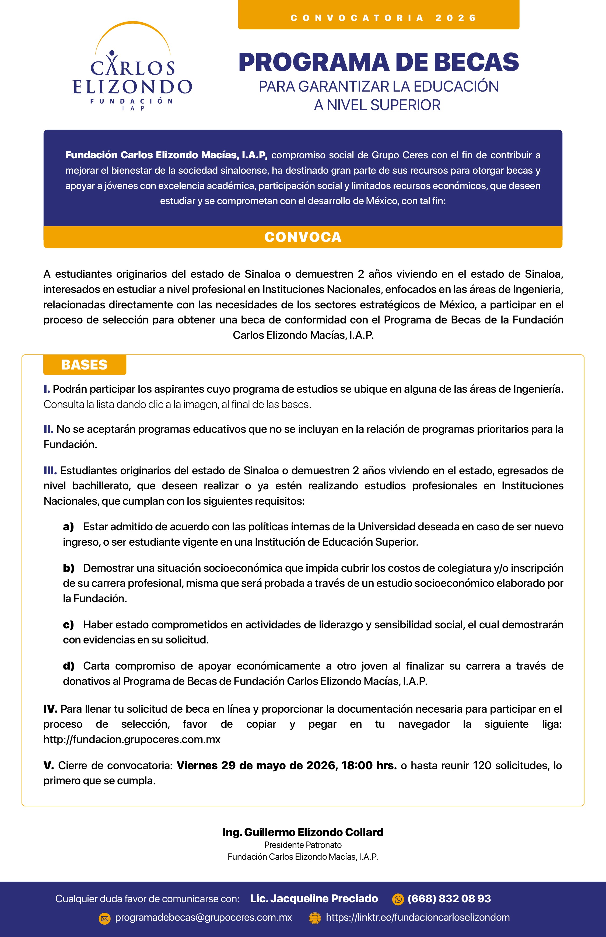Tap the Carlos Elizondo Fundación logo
click(x=132, y=67)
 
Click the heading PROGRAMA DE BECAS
click(x=379, y=62)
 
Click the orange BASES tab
click(x=85, y=365)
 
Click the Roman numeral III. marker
click(x=50, y=471)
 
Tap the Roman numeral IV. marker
click(x=50, y=709)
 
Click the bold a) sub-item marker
click(x=68, y=527)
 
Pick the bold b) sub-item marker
click(x=68, y=568)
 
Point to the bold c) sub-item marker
click(x=68, y=625)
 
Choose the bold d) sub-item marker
click(x=68, y=666)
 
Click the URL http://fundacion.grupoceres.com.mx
click(x=132, y=739)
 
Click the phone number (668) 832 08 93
click(x=449, y=899)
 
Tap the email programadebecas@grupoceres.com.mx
click(x=204, y=918)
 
